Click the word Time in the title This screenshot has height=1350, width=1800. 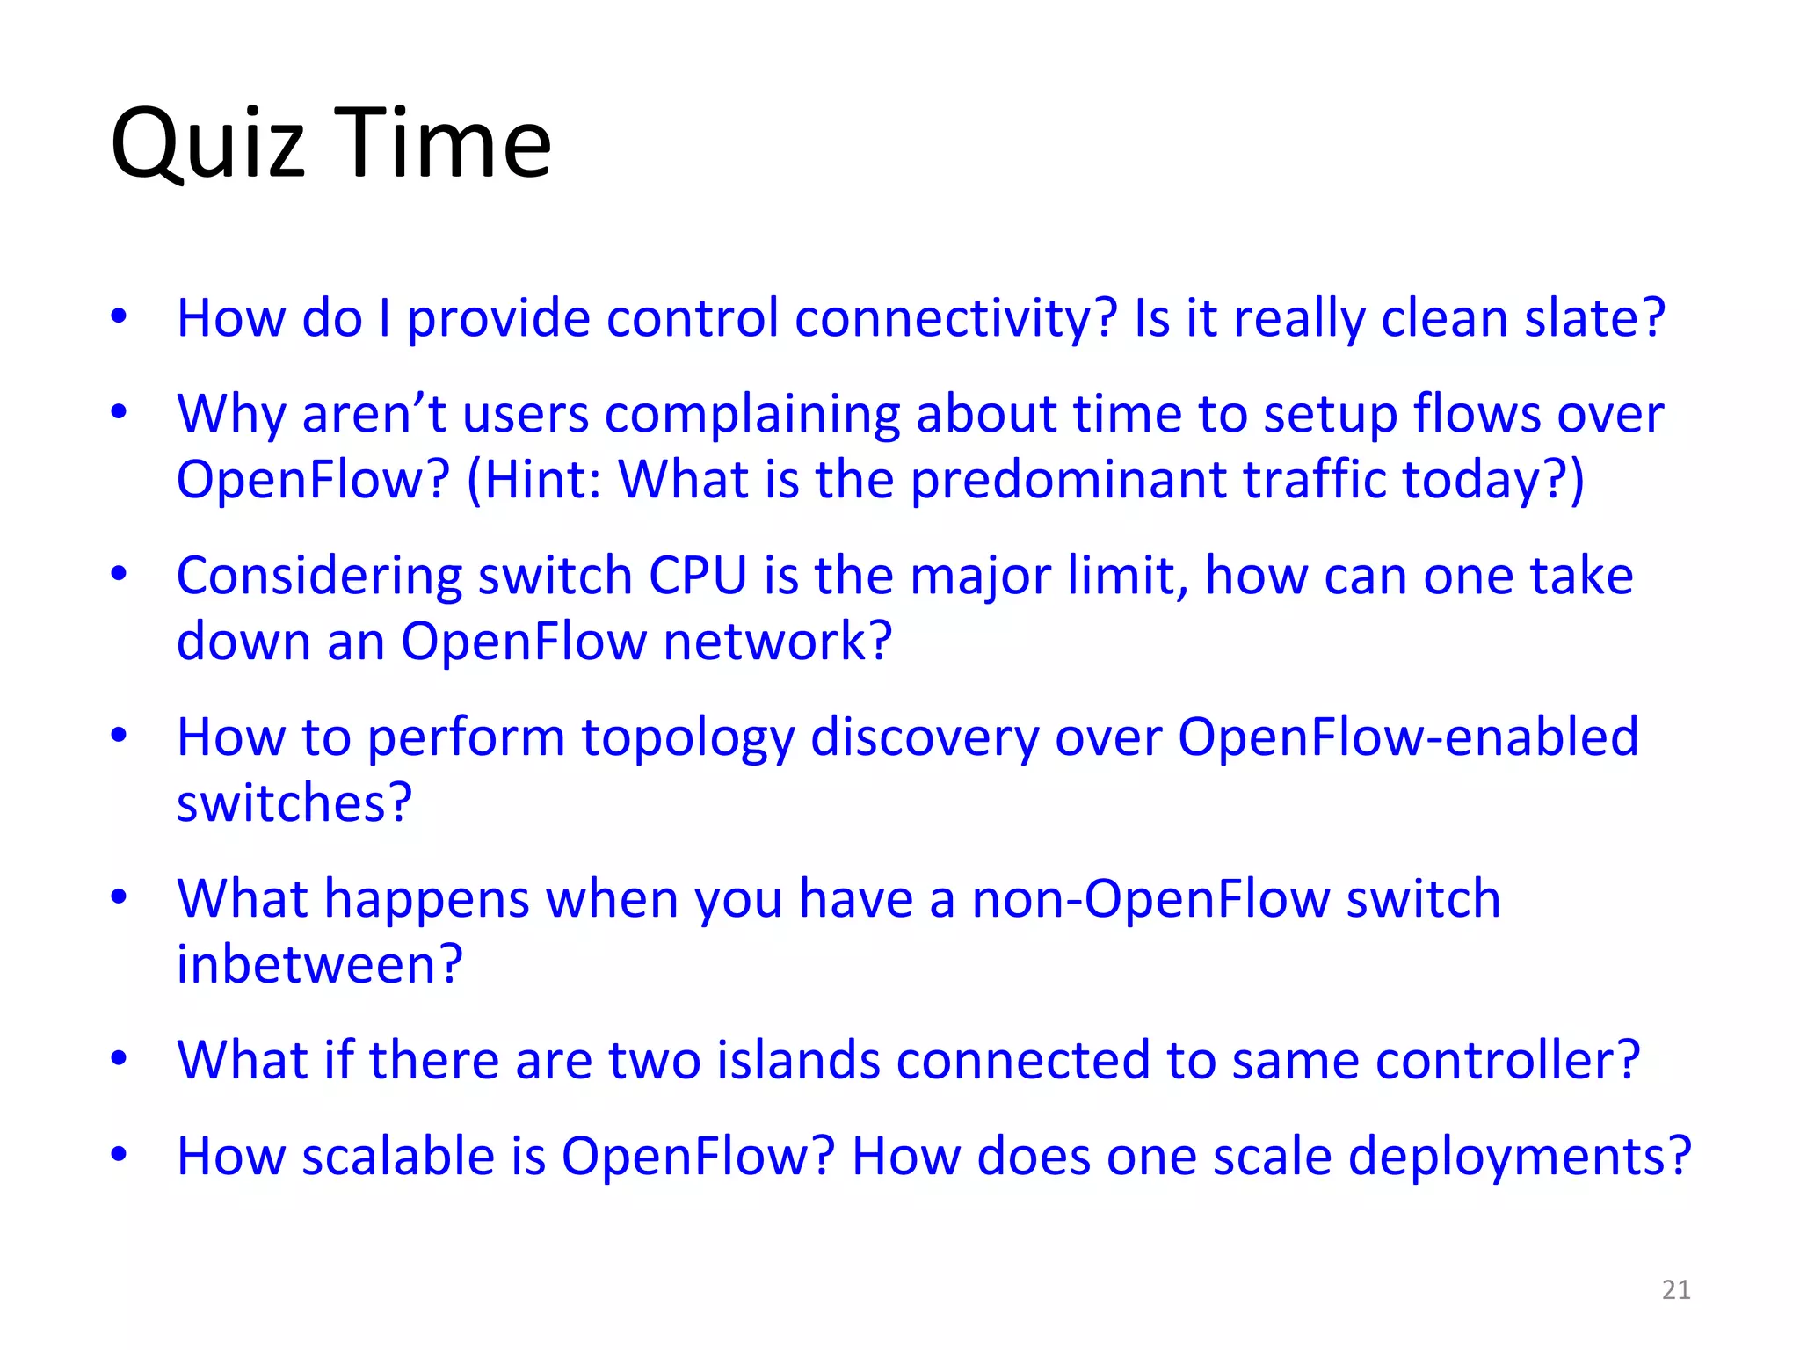443,142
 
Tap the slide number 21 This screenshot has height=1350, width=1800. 1676,1289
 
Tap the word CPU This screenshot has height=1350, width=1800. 698,577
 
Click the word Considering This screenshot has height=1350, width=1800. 319,577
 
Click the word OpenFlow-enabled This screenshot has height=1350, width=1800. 1408,737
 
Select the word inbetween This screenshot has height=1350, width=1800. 319,965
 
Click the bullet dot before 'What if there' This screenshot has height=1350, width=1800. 120,1058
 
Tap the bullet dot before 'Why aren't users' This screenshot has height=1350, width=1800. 120,411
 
